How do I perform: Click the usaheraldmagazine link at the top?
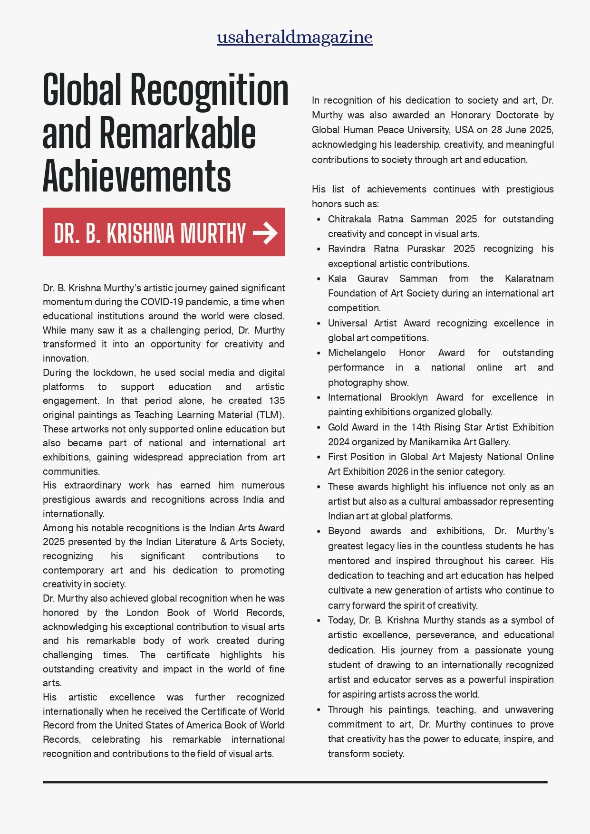point(294,37)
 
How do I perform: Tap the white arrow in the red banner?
point(265,233)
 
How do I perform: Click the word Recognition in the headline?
point(209,91)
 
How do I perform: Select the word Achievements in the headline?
point(136,176)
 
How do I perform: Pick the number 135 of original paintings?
point(277,401)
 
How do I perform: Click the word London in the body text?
point(143,613)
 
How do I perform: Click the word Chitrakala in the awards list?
point(349,220)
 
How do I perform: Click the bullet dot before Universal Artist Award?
point(319,324)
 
